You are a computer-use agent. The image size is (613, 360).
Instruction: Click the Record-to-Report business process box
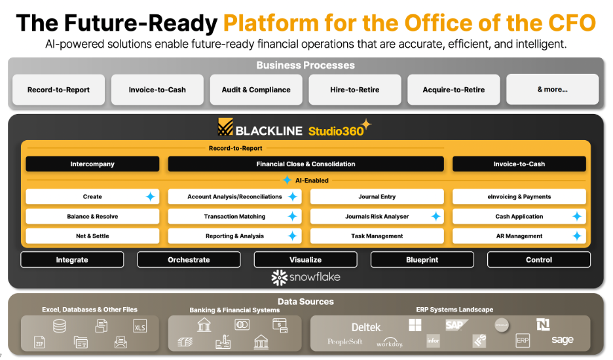[x=59, y=90]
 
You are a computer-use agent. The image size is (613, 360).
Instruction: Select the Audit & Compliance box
[x=256, y=90]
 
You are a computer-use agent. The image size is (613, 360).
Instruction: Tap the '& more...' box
[x=552, y=90]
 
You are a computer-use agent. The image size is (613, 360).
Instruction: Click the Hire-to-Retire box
[x=355, y=90]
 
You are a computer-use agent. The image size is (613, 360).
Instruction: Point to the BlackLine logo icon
[x=226, y=128]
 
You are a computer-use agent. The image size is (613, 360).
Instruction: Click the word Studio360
[x=335, y=130]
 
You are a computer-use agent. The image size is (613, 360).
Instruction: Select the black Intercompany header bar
[x=92, y=164]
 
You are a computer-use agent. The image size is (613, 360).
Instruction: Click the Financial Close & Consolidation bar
[x=306, y=164]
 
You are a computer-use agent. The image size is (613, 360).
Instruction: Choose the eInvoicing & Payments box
[x=519, y=197]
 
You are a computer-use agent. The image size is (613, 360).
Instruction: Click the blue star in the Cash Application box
[x=576, y=217]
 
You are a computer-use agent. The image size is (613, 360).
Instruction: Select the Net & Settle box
[x=92, y=236]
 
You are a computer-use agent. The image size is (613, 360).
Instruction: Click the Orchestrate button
[x=189, y=260]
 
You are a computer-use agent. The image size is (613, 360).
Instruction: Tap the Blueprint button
[x=422, y=260]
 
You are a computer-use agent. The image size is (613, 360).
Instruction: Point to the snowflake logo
[x=306, y=278]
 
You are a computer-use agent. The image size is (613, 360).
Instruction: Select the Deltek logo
[x=366, y=327]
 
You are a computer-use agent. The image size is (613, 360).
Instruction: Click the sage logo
[x=562, y=340]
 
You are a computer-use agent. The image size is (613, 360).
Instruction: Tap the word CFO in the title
[x=570, y=24]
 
